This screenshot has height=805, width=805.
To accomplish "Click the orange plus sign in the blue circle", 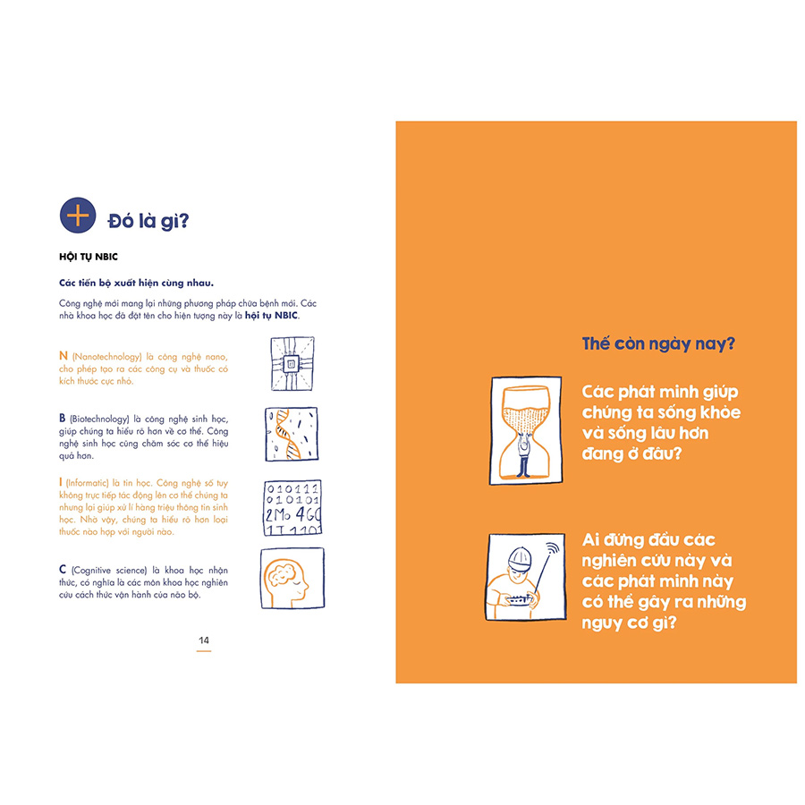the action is click(x=78, y=215).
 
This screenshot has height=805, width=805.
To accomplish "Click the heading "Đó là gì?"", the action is click(x=148, y=221).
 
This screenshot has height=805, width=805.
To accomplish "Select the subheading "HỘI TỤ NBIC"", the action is click(x=89, y=257).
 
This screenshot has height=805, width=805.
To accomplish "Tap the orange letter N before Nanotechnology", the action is click(x=64, y=355).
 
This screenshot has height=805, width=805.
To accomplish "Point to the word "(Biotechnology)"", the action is click(x=99, y=419).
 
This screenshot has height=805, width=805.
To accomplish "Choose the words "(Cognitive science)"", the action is click(x=109, y=571).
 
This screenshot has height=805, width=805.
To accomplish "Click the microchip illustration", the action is click(x=292, y=363).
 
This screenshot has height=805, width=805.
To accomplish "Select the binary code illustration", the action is click(x=292, y=508).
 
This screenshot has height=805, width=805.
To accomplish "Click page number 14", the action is click(x=204, y=640).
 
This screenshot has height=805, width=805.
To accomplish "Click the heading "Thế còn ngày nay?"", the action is click(x=658, y=343).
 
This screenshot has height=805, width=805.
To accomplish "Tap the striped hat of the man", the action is click(x=520, y=557).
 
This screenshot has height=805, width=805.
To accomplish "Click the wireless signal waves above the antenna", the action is click(x=552, y=548).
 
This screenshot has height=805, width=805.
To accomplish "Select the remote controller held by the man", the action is click(x=519, y=599).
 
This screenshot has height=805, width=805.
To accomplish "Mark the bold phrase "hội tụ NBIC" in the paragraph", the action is click(x=271, y=315).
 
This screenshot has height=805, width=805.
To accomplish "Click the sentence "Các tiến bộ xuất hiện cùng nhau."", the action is click(x=136, y=283).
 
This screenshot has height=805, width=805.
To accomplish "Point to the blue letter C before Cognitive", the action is click(x=63, y=570).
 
